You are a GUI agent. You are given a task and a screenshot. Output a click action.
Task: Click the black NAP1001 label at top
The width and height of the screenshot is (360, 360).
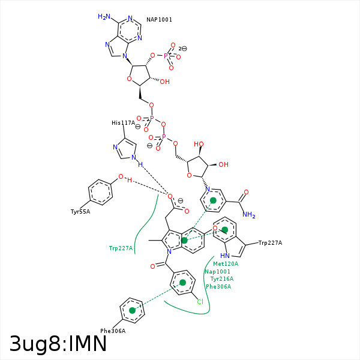coord(159,20)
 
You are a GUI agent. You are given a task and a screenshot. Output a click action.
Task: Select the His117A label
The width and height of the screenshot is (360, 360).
coord(123,123)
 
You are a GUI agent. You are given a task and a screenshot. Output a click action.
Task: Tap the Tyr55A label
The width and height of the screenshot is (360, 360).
coord(80,212)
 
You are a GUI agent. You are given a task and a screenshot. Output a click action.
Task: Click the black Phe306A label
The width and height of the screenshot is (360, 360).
coord(113,331)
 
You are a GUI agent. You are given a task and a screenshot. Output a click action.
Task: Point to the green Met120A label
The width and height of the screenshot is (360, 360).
coord(226,264)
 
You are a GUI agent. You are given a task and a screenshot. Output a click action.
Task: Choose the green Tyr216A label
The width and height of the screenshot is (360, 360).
coord(221,279)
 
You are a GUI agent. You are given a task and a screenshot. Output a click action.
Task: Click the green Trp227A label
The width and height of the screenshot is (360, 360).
coord(121,248)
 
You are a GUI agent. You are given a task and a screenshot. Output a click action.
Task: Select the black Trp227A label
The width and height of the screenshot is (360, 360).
coord(270,243)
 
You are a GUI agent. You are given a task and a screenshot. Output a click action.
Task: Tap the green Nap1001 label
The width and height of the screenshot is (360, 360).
coord(217,272)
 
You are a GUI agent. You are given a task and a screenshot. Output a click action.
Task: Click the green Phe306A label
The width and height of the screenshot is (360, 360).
coord(218,287)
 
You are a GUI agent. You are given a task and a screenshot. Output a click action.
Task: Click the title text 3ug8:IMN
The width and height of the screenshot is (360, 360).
coord(58,344)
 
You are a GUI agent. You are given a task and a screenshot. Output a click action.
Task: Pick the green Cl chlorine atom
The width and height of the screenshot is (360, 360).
coord(200,302)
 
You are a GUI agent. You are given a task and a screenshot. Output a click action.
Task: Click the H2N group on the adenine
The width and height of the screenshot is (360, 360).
coord(104,17)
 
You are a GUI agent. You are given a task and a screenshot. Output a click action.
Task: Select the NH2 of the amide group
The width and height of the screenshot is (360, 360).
coord(249,215)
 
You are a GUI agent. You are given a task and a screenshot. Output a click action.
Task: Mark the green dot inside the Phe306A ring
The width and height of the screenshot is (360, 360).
coord(133,310)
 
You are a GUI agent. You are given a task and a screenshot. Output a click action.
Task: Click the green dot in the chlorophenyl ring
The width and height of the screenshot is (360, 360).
coord(182,282)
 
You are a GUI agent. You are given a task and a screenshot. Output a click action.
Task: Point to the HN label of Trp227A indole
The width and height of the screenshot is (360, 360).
coord(225,256)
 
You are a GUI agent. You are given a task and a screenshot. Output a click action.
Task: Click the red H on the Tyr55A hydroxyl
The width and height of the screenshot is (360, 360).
coord(129,179)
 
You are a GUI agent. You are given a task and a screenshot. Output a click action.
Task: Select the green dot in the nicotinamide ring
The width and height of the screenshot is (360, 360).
coord(212,200)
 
